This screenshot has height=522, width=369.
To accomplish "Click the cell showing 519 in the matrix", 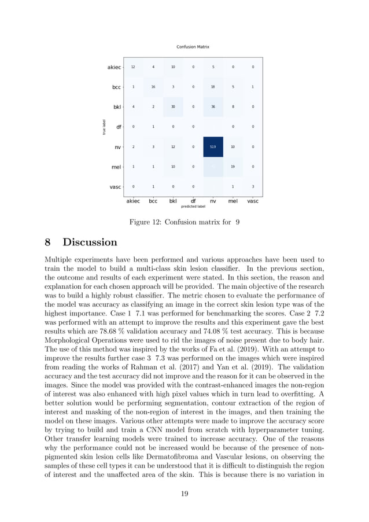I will [213, 147].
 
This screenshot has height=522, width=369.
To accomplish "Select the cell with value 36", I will [213, 107].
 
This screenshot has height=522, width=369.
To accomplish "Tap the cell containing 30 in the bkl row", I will [173, 107].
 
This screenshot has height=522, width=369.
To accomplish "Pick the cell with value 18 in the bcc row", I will [213, 87].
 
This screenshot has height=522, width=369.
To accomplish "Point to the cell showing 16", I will [153, 87].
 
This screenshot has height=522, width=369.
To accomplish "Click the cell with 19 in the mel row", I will [233, 167].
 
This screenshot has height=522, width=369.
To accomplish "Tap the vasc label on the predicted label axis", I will [253, 201].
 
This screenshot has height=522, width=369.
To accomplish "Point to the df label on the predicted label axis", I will [193, 201].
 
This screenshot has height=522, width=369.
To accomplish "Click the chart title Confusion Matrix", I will [193, 46].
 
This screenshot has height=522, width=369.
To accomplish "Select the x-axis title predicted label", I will [193, 206].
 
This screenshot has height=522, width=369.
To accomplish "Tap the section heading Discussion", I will [90, 242].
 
